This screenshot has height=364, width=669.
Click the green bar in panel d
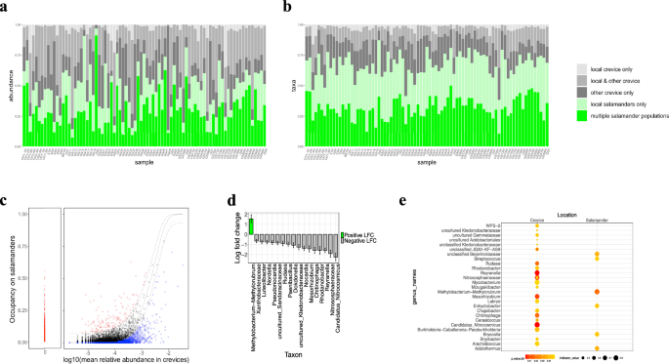(250, 226)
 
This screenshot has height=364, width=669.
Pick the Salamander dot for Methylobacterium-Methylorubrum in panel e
(597, 291)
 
